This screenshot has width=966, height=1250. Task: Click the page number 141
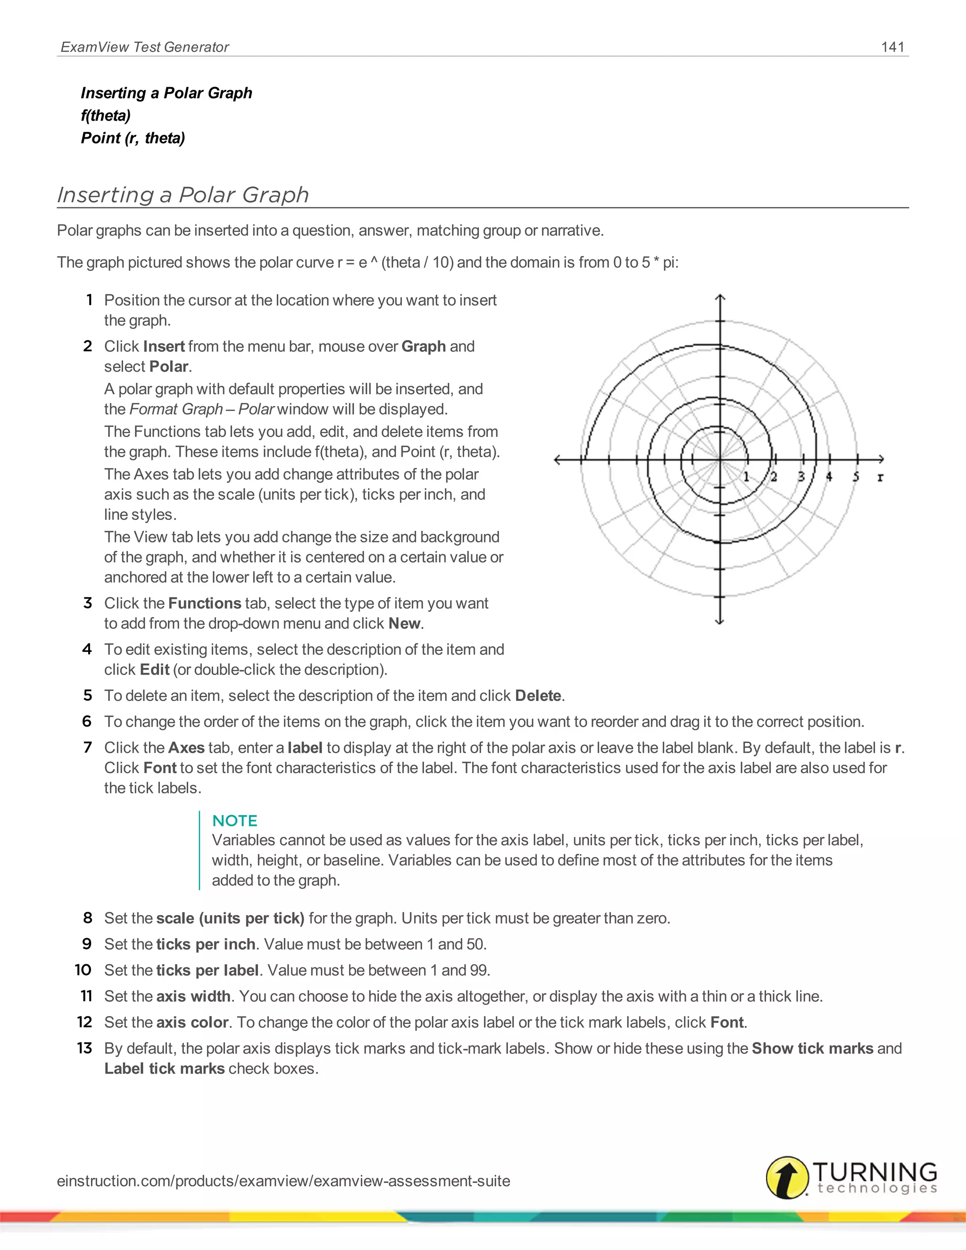(892, 47)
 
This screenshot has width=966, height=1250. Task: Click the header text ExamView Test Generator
(145, 47)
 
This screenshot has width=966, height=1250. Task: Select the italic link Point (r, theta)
(133, 138)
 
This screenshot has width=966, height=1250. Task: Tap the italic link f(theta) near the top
(106, 116)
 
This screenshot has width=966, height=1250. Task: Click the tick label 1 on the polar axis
(746, 477)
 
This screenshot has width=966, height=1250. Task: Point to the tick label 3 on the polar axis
(801, 477)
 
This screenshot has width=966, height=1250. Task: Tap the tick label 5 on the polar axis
(856, 477)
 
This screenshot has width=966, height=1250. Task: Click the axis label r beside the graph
(880, 477)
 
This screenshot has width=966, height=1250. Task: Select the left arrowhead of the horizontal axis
(558, 459)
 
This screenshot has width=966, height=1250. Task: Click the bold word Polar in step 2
(169, 367)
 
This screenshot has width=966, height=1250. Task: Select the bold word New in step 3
(405, 623)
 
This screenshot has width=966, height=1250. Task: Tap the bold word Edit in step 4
(155, 670)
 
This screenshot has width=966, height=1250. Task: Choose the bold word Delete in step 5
(538, 695)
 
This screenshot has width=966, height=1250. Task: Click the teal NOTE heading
(234, 821)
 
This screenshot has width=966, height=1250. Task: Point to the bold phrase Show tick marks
(812, 1048)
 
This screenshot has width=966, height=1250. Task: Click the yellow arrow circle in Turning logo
(787, 1177)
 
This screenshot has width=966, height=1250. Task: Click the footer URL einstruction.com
(283, 1181)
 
